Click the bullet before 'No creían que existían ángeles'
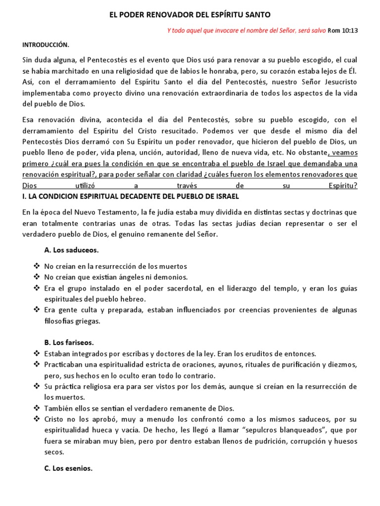(37, 277)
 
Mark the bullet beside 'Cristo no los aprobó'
(37, 419)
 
